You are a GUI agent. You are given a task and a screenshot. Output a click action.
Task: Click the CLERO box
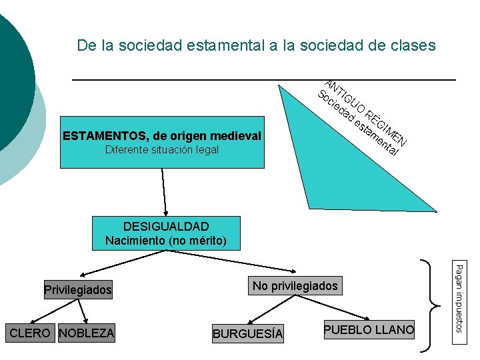point(30,333)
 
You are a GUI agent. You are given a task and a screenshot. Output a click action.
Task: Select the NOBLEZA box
point(87,333)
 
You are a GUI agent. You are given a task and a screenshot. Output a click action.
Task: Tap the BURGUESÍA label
point(247,333)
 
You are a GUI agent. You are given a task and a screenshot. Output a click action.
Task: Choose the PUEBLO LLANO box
point(369,329)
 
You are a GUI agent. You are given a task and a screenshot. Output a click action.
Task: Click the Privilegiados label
point(78,290)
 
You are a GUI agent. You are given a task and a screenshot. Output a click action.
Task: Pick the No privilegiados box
point(295,286)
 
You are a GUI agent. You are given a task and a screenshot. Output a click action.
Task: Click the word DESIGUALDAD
point(166,227)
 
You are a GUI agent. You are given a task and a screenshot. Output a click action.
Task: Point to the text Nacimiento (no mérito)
point(166,240)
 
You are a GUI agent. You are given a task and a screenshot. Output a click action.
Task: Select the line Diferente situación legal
point(162,150)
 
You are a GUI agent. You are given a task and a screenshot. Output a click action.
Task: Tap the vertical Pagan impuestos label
point(459,297)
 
